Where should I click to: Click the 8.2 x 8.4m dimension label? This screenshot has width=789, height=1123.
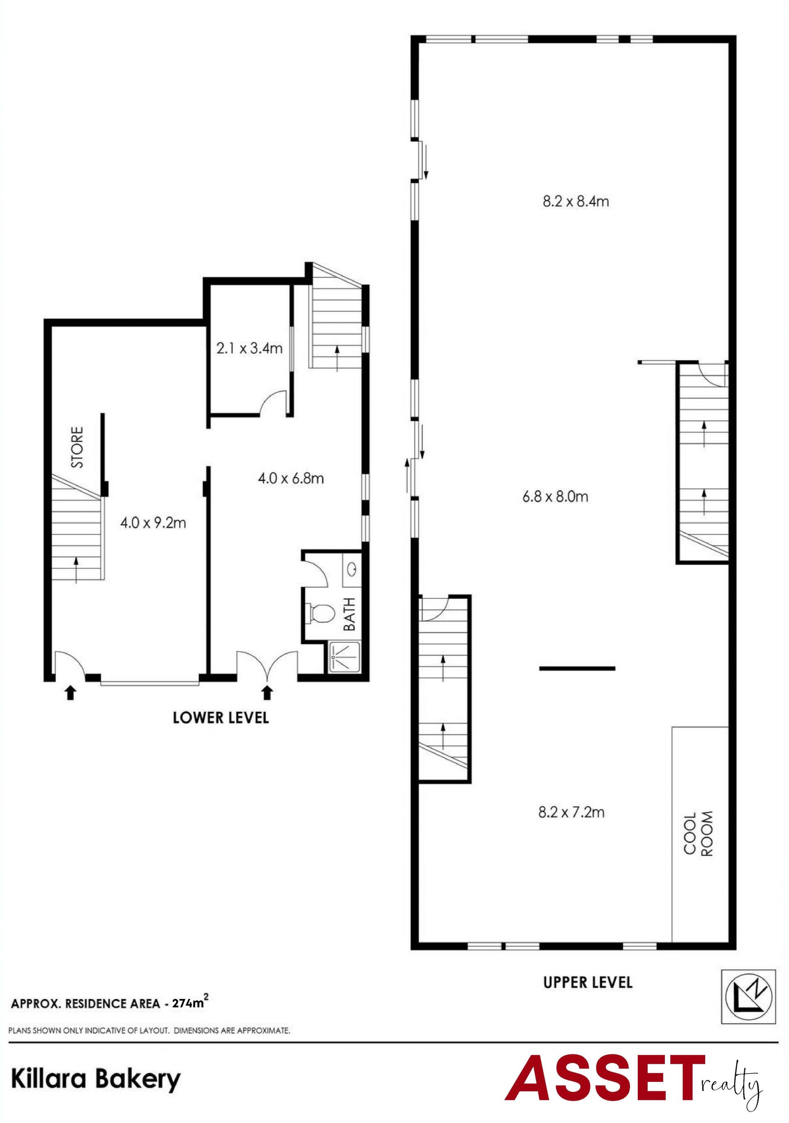(576, 202)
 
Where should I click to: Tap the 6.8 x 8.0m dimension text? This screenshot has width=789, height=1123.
(555, 497)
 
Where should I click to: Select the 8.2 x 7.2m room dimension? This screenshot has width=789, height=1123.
(571, 812)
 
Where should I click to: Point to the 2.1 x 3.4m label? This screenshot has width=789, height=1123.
(249, 348)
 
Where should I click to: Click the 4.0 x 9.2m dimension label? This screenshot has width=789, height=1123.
(153, 523)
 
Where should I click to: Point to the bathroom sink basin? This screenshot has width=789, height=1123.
(351, 569)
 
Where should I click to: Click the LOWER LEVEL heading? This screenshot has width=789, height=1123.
(221, 718)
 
